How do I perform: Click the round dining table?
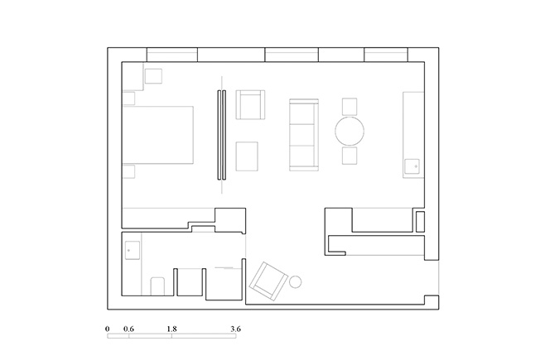pos(350,131)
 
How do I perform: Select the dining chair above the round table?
pos(350,107)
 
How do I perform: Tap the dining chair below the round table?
pos(350,156)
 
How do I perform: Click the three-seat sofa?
pos(304,135)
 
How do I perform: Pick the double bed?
pos(158,135)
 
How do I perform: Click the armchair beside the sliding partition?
pos(250,104)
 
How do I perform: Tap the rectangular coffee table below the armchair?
pos(247,156)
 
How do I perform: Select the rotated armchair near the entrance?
pos(268,281)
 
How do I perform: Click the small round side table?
pos(296,282)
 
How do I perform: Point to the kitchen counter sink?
pos(412,166)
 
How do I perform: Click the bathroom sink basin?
pos(133,250)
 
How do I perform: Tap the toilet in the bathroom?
pos(157,286)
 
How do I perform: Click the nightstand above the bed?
pos(129,98)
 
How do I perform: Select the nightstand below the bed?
pos(129,171)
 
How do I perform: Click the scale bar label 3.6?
pos(236,329)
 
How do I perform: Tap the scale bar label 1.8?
pos(171,329)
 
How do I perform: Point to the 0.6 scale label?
pos(129,329)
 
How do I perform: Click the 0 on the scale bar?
pos(108,329)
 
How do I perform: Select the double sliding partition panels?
pos(222,135)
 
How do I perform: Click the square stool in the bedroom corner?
pos(153,76)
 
